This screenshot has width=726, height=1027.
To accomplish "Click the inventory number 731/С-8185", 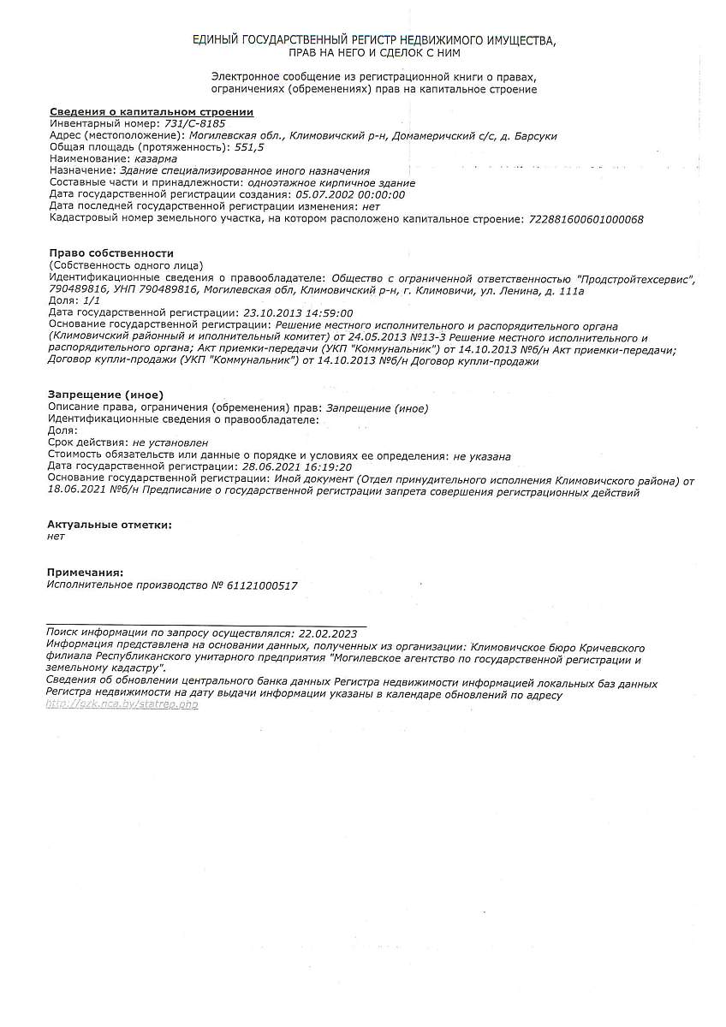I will [x=194, y=123].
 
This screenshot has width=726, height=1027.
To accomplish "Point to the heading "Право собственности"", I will [x=111, y=253].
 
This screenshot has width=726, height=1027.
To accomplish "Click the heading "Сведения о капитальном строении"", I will [x=152, y=112].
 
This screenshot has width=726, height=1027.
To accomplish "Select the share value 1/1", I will [x=92, y=301].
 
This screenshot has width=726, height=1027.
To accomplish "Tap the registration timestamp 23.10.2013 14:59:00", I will [x=298, y=313].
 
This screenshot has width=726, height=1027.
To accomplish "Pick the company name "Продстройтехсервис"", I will [x=636, y=279].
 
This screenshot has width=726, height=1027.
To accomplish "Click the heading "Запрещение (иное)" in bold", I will [x=105, y=395].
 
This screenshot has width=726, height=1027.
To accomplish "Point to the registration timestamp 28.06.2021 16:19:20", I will [x=297, y=466].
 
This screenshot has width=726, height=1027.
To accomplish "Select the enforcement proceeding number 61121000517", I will [x=261, y=585].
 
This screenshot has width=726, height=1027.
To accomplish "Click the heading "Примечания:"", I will [x=86, y=572].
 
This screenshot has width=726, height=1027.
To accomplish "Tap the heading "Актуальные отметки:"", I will [x=109, y=525].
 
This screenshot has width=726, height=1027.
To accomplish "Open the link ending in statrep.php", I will [x=122, y=704].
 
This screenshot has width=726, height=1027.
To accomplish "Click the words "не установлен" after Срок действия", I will [x=170, y=442].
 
